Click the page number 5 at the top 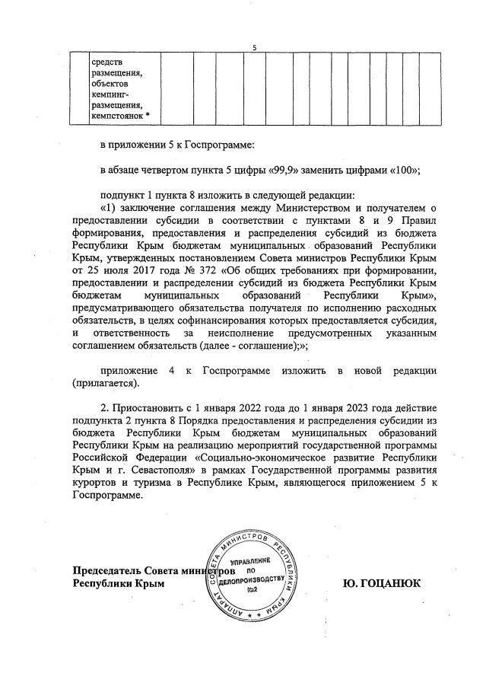click(254, 49)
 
